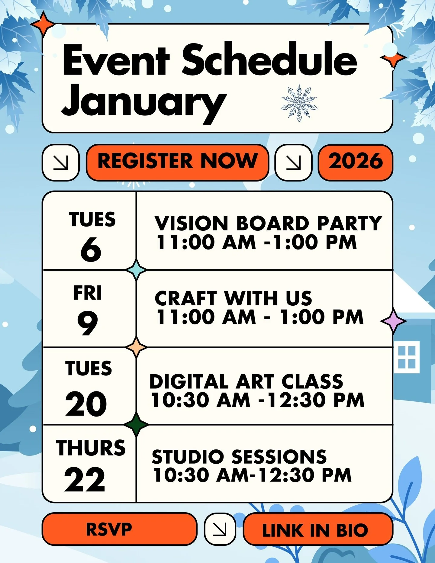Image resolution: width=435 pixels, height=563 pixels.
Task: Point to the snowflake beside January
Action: pyautogui.click(x=299, y=103)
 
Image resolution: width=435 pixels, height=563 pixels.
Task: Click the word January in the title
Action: pyautogui.click(x=143, y=101)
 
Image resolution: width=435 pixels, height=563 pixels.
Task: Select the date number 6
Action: pyautogui.click(x=91, y=249)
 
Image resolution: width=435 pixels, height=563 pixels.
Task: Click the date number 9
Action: pyautogui.click(x=88, y=323)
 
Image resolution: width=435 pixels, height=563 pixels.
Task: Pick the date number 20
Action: pyautogui.click(x=86, y=404)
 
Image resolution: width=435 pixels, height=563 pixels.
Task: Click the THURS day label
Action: pyautogui.click(x=91, y=448)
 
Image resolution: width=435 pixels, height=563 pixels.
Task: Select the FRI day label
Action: pyautogui.click(x=88, y=293)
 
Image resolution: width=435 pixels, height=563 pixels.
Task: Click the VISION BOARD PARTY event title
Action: pyautogui.click(x=268, y=223)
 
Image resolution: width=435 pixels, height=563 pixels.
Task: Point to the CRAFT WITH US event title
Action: pyautogui.click(x=233, y=298)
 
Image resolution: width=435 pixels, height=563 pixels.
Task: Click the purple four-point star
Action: pyautogui.click(x=393, y=321)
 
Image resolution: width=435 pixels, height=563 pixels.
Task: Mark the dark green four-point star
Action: pyautogui.click(x=136, y=424)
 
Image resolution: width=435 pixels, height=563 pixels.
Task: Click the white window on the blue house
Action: pyautogui.click(x=407, y=357)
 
